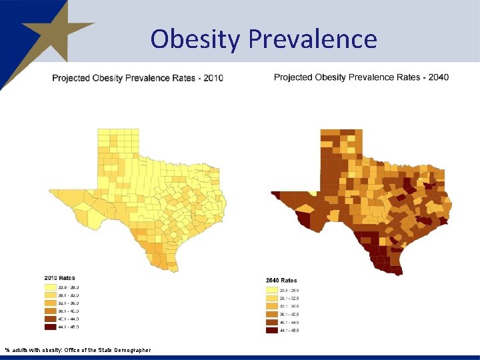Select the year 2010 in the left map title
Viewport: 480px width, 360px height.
(213, 78)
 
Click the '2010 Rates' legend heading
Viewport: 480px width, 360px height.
(59, 277)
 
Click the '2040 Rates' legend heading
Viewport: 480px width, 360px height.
(281, 281)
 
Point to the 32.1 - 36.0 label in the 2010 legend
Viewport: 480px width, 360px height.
(68, 303)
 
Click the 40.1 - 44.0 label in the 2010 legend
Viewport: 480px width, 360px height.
(68, 319)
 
